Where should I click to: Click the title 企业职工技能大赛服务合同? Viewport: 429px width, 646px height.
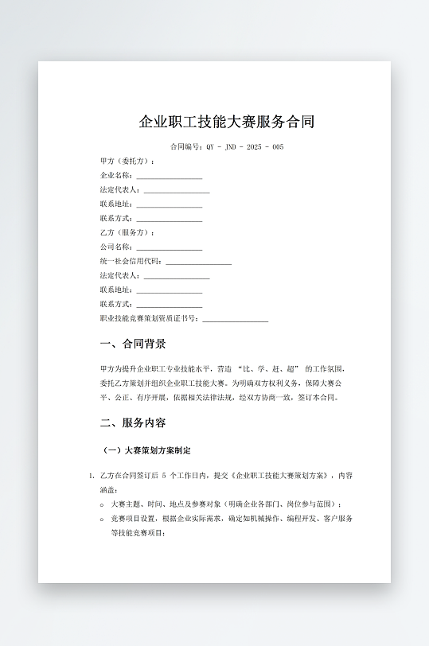pyautogui.click(x=227, y=122)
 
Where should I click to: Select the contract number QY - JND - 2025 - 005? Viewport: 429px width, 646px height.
pyautogui.click(x=244, y=147)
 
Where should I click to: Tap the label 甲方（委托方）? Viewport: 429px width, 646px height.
pyautogui.click(x=127, y=161)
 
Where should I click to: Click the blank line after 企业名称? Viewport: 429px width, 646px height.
pyautogui.click(x=169, y=176)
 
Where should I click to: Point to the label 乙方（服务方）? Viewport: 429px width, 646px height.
pyautogui.click(x=127, y=233)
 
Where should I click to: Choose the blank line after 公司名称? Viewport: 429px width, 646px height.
pyautogui.click(x=169, y=247)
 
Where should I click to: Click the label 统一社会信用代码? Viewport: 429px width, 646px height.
pyautogui.click(x=131, y=262)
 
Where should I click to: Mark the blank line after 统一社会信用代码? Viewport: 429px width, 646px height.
pyautogui.click(x=198, y=262)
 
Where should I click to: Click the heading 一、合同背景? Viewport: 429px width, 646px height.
pyautogui.click(x=133, y=344)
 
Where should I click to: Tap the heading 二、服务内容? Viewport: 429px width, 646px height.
pyautogui.click(x=133, y=422)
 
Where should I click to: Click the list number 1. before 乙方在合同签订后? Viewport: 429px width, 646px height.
pyautogui.click(x=92, y=477)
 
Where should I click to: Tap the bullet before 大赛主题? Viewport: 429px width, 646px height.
pyautogui.click(x=103, y=504)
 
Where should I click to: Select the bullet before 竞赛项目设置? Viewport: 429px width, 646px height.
pyautogui.click(x=103, y=519)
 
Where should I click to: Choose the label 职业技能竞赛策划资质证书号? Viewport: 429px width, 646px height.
pyautogui.click(x=149, y=319)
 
